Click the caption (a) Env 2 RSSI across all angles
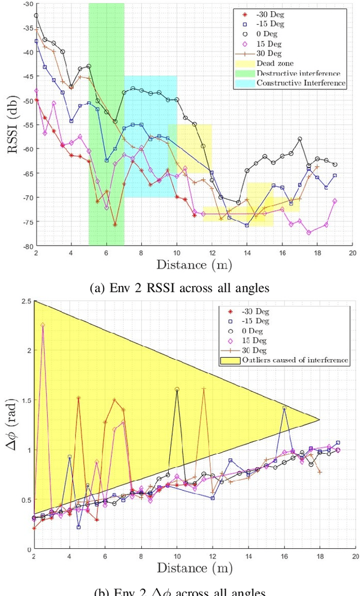coord(179,288)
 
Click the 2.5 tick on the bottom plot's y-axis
coord(25,302)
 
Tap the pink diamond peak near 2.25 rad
coord(43,325)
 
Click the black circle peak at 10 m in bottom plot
coord(177,389)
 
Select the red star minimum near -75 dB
coord(115,225)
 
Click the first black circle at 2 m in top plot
coord(36,16)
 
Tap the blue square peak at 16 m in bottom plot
coord(285,408)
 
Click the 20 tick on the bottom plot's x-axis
coord(353,557)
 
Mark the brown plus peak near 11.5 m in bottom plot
coord(204,389)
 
